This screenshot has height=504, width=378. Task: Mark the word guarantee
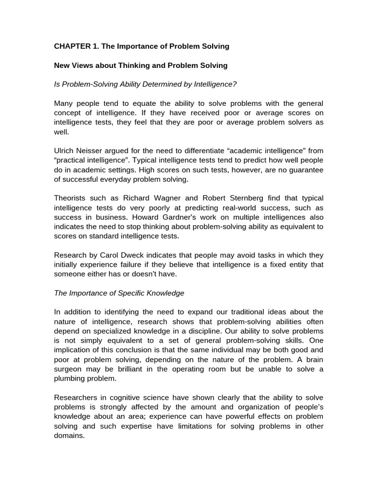pos(305,169)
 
